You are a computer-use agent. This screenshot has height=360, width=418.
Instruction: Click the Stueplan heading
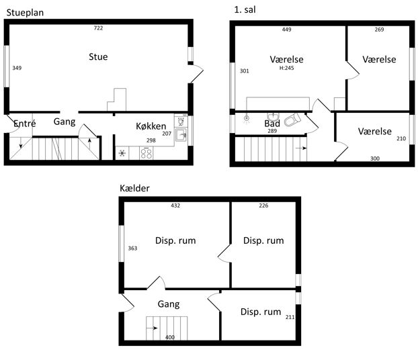click(x=25, y=13)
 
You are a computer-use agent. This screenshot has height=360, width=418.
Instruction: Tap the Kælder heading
click(x=134, y=188)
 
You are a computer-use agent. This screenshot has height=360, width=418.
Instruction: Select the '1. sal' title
click(x=245, y=10)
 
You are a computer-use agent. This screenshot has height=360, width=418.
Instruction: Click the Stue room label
click(x=98, y=57)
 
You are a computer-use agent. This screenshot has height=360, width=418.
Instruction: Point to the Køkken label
click(x=151, y=126)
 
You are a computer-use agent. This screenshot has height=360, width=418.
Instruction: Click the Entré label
click(x=24, y=124)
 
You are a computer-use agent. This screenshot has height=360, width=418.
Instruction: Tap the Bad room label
click(x=272, y=124)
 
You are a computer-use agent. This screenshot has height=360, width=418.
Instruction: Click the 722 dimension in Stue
click(x=98, y=28)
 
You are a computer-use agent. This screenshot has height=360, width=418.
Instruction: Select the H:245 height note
click(x=286, y=68)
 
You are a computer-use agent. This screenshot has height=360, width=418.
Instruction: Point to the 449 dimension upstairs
click(x=286, y=30)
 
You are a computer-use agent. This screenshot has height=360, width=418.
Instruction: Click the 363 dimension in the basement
click(x=132, y=249)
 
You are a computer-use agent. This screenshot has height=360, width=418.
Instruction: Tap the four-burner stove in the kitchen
click(x=146, y=154)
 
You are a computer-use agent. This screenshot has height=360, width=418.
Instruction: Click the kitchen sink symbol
click(x=181, y=134)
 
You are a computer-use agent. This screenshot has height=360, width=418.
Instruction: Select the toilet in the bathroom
click(x=292, y=120)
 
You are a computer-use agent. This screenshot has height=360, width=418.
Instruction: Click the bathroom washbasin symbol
click(x=273, y=116)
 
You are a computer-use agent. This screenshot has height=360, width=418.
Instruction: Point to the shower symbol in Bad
click(x=247, y=118)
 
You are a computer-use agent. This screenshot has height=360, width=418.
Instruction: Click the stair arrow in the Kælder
click(x=152, y=328)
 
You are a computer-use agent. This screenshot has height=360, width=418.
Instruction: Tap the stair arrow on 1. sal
click(x=301, y=148)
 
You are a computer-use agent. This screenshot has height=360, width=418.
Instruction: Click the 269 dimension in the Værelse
click(x=379, y=30)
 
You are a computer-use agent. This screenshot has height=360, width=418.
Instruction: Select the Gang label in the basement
click(x=169, y=304)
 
